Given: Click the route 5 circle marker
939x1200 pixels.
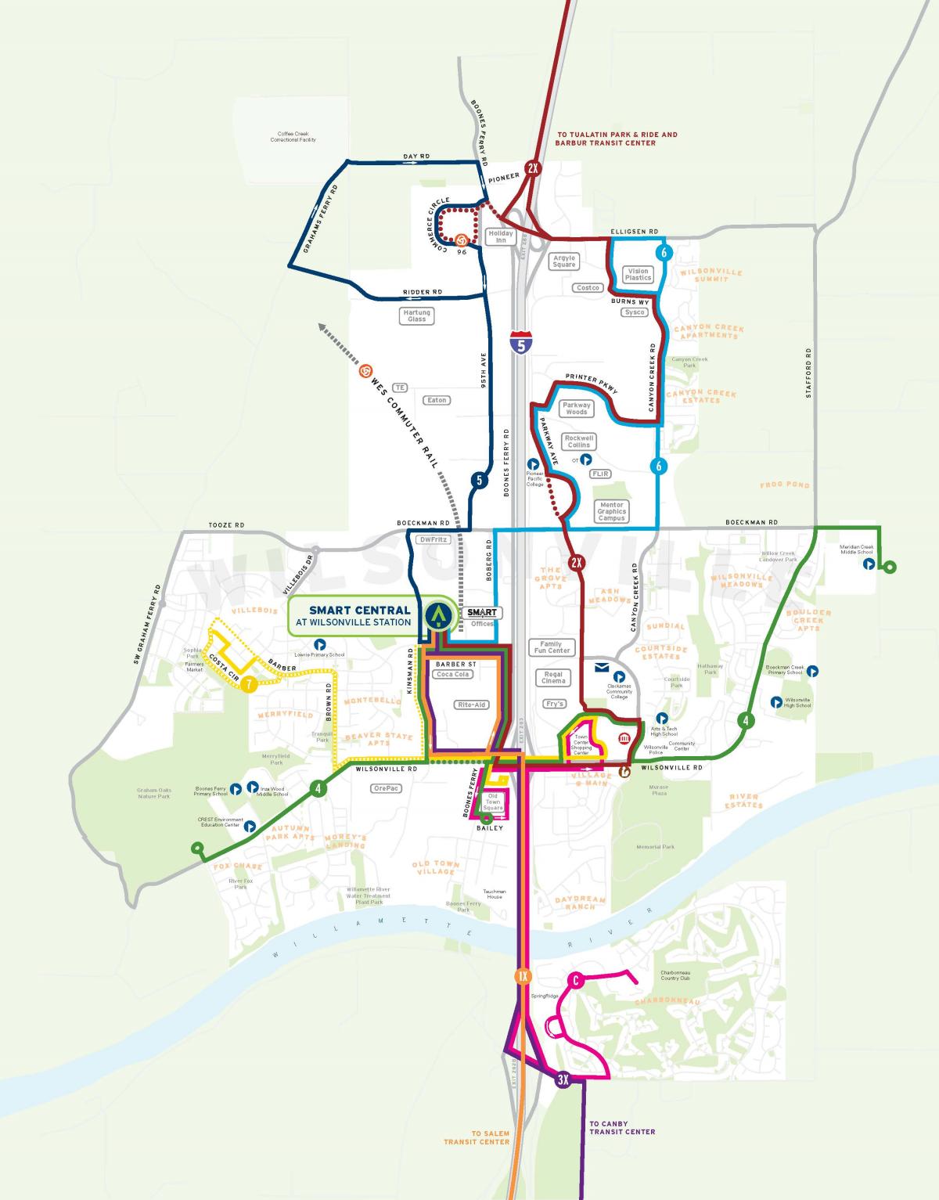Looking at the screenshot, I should click(x=477, y=480).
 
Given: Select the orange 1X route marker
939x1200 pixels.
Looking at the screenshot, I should click(x=523, y=976).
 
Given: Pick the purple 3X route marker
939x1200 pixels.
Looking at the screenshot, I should click(x=563, y=1080).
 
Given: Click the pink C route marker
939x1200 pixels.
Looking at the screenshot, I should click(x=575, y=980).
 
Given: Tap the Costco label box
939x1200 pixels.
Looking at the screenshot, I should click(x=588, y=288).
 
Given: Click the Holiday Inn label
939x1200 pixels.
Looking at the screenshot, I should click(x=501, y=236).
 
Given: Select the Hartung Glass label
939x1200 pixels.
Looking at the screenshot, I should click(x=416, y=315).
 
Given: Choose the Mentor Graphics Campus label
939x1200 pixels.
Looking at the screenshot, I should click(x=611, y=512).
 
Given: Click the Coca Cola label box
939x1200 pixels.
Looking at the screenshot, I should click(x=454, y=674).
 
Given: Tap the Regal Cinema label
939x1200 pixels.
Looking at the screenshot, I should click(x=553, y=677).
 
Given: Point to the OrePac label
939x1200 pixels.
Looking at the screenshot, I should click(x=387, y=788).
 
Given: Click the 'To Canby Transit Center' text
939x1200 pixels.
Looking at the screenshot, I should click(x=622, y=1128).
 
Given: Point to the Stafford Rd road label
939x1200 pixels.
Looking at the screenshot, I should click(x=809, y=373).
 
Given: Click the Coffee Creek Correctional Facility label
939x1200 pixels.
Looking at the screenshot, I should click(x=293, y=137).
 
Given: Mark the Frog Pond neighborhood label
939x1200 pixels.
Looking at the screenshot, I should click(x=785, y=485).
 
